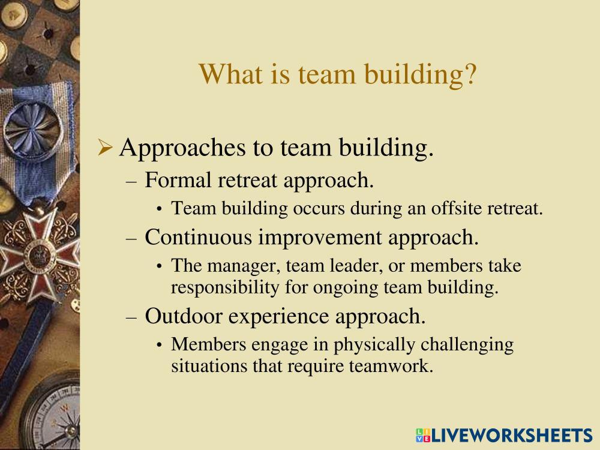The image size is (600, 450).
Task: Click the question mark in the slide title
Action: click(x=470, y=74)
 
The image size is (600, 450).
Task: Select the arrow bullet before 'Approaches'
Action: click(x=104, y=148)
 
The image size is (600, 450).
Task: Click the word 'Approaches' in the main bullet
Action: click(x=182, y=148)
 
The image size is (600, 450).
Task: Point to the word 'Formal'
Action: click(x=178, y=180)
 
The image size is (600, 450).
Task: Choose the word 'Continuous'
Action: click(x=198, y=237)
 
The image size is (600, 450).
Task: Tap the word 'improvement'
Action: click(x=320, y=238)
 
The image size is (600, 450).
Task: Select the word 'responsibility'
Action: click(x=225, y=288)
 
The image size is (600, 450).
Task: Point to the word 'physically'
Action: click(x=374, y=345)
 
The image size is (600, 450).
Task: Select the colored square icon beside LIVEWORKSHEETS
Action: click(x=423, y=436)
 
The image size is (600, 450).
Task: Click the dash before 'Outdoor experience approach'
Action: click(x=131, y=317)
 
